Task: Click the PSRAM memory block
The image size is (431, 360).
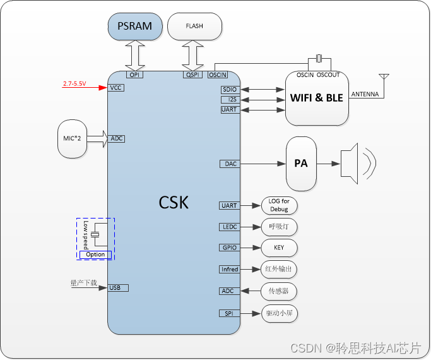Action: click(x=134, y=27)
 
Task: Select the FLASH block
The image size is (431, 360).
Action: click(x=194, y=27)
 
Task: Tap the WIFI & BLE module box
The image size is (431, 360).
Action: click(x=317, y=98)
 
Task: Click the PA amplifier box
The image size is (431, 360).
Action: click(x=301, y=163)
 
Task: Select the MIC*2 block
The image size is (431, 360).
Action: click(x=71, y=138)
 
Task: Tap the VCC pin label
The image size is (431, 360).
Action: click(x=116, y=88)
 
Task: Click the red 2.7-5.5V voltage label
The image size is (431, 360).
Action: click(x=74, y=83)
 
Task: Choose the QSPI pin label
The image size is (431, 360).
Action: click(x=192, y=75)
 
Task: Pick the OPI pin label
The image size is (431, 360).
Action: click(x=134, y=75)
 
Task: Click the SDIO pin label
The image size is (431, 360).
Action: click(x=230, y=90)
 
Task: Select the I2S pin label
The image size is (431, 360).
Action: click(x=230, y=100)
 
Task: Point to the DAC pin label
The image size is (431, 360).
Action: click(x=230, y=164)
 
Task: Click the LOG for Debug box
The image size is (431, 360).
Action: click(x=278, y=205)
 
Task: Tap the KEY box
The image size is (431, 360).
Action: click(x=278, y=248)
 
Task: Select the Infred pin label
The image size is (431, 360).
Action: click(x=230, y=270)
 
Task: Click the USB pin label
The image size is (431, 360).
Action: click(x=117, y=288)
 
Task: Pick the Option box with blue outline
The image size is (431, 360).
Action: click(x=95, y=255)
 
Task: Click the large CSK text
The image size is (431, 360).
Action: click(x=174, y=203)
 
